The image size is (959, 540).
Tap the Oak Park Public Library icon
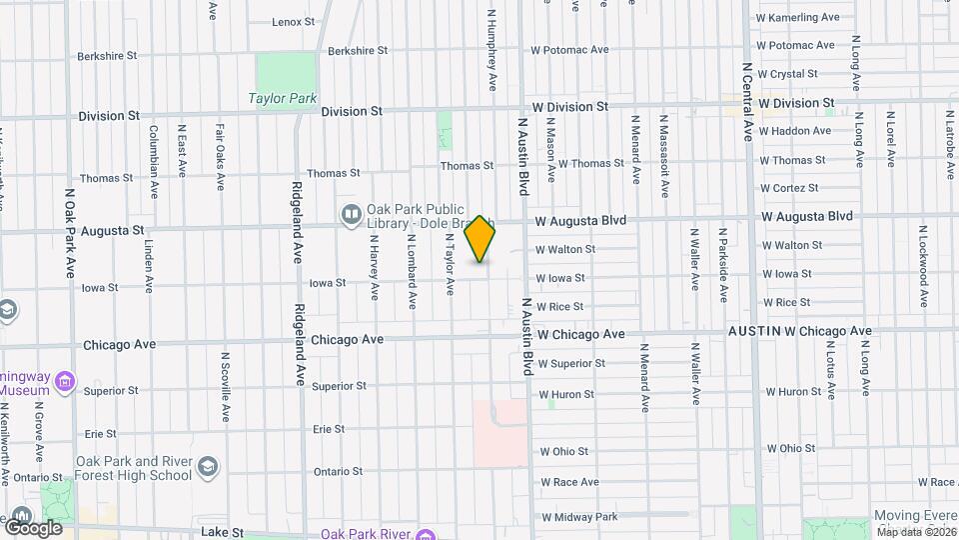[351, 213]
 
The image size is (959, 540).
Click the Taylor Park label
[283, 99]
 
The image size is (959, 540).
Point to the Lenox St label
[293, 21]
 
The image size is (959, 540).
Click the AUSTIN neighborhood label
[753, 331]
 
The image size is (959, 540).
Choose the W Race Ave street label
[569, 482]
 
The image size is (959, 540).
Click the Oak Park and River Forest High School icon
[207, 467]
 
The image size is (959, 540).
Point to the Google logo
[33, 527]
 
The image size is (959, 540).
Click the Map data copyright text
[916, 532]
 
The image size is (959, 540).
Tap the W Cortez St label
[788, 188]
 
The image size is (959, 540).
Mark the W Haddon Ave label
[794, 131]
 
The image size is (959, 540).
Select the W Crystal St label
[787, 74]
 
